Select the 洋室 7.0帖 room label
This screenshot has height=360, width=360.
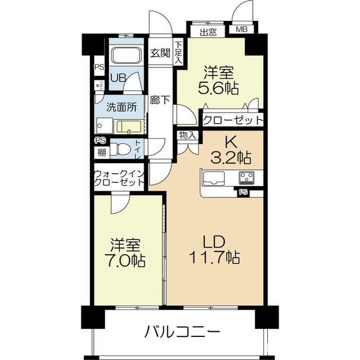[x=125, y=253]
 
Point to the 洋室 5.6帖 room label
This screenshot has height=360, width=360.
[x=219, y=80]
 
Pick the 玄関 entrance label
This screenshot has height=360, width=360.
[x=160, y=53]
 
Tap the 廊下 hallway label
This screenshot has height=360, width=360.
[x=160, y=101]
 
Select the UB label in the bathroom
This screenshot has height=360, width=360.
[x=118, y=78]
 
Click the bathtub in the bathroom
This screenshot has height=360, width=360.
[x=127, y=56]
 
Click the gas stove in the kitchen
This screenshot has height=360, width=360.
[x=246, y=178]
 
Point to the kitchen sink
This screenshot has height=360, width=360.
[x=214, y=178]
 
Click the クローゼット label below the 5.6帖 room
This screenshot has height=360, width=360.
[x=232, y=120]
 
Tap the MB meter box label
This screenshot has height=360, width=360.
[x=241, y=30]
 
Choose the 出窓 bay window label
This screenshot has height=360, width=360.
[x=208, y=32]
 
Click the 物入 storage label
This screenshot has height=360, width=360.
[x=187, y=135]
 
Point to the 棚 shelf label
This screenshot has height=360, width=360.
[x=101, y=152]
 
